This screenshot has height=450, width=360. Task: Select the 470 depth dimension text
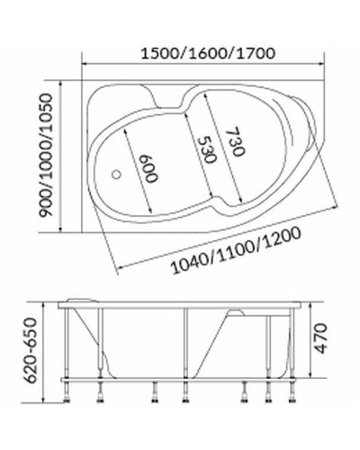[334, 340]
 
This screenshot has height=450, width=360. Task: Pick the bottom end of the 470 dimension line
[313, 376]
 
